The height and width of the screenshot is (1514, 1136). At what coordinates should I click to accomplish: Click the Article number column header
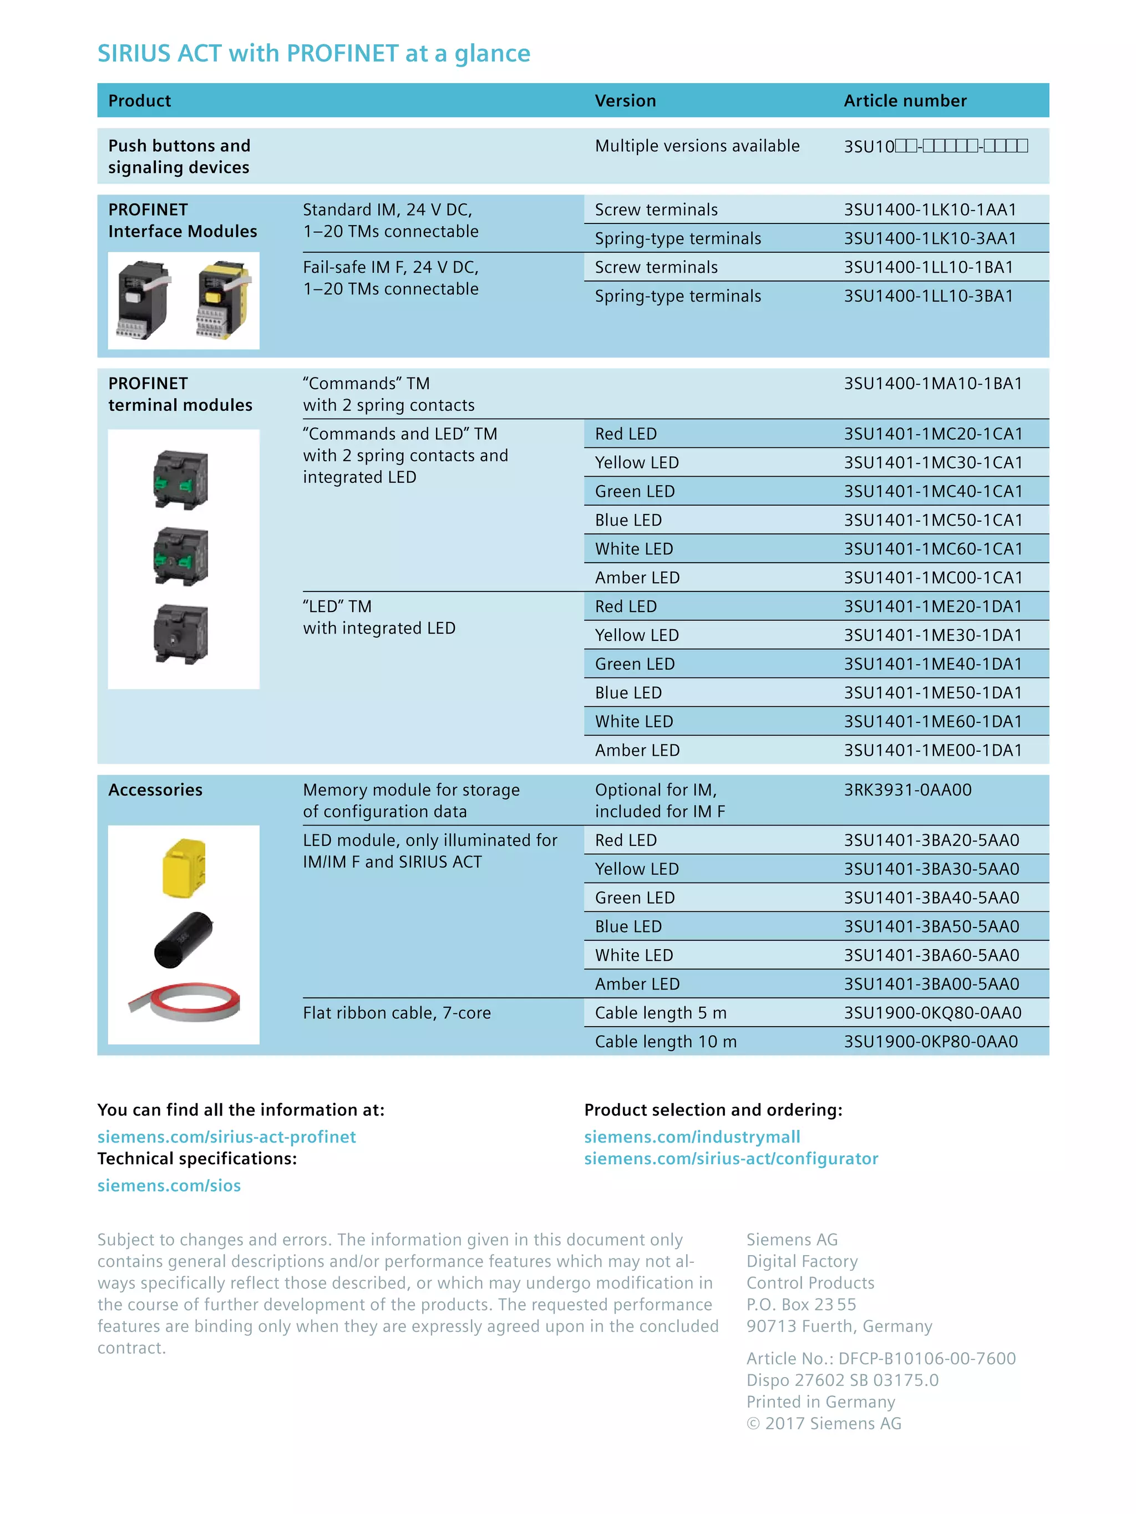coord(905,100)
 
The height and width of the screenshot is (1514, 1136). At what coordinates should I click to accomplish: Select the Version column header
coord(625,100)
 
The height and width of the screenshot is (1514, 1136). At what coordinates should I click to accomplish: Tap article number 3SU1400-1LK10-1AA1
coord(929,210)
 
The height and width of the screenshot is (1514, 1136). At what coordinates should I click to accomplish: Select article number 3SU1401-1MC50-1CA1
coord(932,520)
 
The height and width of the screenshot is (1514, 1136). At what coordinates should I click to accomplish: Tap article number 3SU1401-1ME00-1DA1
coord(932,750)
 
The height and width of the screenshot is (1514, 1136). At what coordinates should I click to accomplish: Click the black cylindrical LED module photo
coord(183,939)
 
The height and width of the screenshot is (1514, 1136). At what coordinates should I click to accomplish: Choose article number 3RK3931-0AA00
coord(907,790)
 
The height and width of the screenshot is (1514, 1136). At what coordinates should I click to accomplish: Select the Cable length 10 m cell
coord(666,1042)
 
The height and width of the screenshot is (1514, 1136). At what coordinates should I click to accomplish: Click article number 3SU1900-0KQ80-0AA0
coord(932,1013)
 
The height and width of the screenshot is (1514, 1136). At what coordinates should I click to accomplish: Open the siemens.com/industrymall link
coord(692,1137)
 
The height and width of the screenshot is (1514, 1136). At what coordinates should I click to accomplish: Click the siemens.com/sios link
coord(169,1185)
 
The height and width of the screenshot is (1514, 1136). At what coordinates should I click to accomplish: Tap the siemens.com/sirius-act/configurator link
coord(731,1159)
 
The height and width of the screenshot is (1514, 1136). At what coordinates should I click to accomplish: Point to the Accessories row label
coord(155,790)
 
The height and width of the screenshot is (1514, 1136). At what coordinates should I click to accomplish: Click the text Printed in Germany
coord(820,1402)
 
